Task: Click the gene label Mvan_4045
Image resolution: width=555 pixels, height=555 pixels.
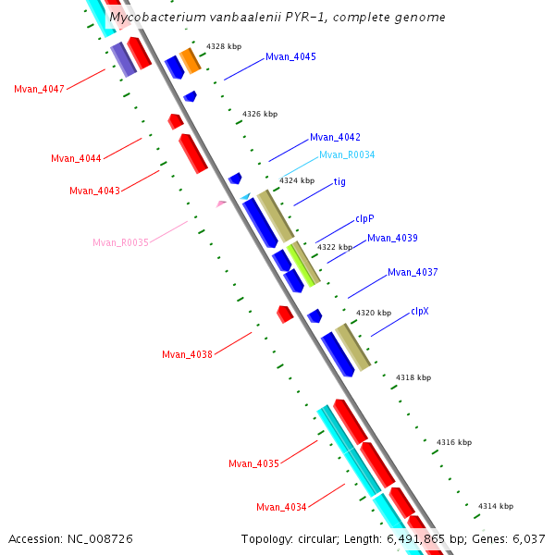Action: pyautogui.click(x=290, y=57)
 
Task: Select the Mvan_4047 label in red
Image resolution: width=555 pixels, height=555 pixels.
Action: pyautogui.click(x=39, y=90)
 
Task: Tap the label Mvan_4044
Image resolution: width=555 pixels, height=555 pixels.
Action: pyautogui.click(x=76, y=159)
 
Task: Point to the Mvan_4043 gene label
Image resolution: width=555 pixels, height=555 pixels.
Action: pyautogui.click(x=94, y=191)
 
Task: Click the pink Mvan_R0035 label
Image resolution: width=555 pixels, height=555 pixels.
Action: pyautogui.click(x=120, y=243)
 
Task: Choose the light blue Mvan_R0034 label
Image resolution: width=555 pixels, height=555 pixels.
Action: pyautogui.click(x=347, y=155)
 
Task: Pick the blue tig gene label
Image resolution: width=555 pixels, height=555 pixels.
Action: pyautogui.click(x=339, y=182)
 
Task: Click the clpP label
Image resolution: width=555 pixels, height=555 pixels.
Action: pyautogui.click(x=364, y=220)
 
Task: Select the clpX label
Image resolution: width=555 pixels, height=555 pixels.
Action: pyautogui.click(x=419, y=312)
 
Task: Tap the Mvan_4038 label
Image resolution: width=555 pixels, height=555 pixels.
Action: pyautogui.click(x=187, y=355)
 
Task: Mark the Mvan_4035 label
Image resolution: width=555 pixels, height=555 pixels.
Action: pyautogui.click(x=253, y=464)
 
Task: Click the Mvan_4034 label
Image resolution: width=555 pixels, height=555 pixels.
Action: pyautogui.click(x=281, y=507)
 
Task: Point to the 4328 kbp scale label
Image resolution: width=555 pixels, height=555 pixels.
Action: pyautogui.click(x=224, y=46)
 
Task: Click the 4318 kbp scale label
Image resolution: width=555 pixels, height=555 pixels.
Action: pyautogui.click(x=413, y=378)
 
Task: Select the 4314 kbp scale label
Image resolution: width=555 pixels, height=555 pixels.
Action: pyautogui.click(x=495, y=507)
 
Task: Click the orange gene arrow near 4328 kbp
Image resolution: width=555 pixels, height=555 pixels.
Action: pyautogui.click(x=190, y=61)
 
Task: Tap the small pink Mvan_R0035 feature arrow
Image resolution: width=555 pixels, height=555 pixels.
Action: pyautogui.click(x=221, y=203)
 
